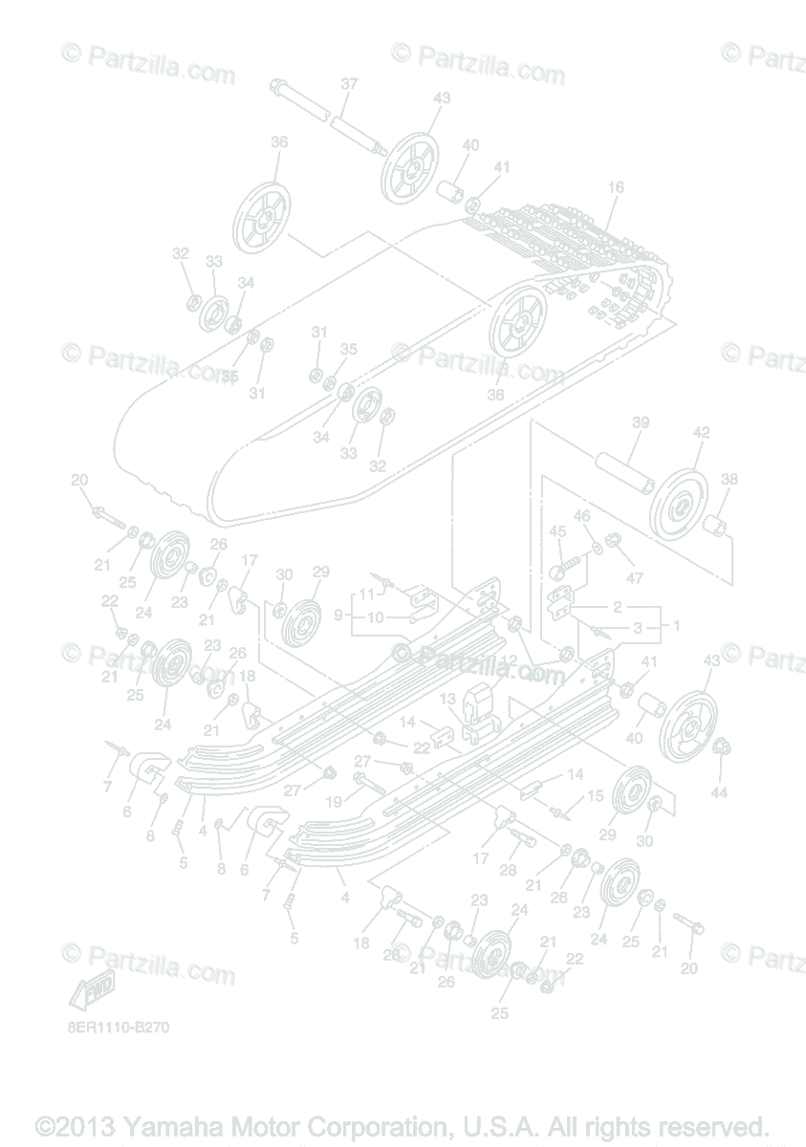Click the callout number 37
(x=349, y=84)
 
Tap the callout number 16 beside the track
(x=615, y=187)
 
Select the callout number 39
(x=640, y=423)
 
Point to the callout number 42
(x=701, y=432)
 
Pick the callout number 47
(x=635, y=577)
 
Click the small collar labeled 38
(x=716, y=526)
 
